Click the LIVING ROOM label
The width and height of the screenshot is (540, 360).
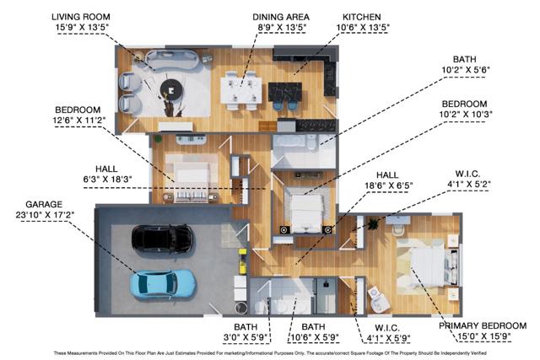point(83,16)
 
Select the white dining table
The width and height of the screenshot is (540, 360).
point(240,88)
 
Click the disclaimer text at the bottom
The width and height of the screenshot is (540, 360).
point(270,353)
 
